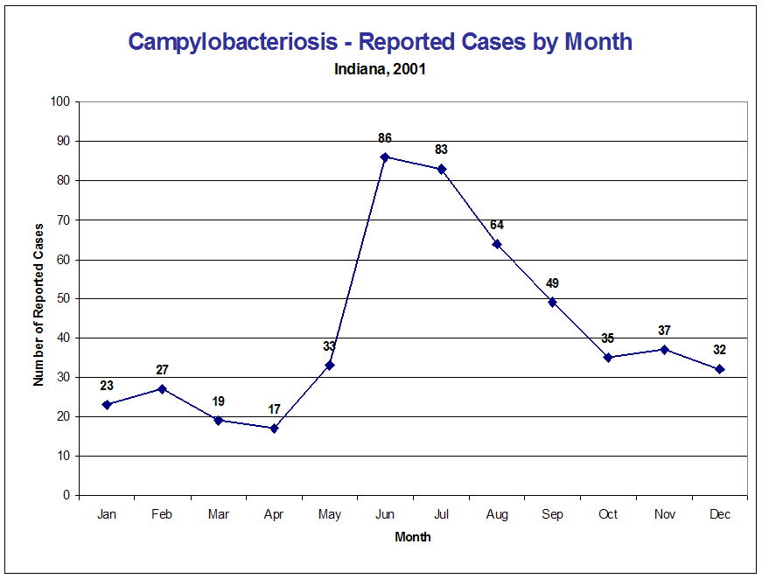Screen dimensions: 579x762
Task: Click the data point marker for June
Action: pos(385,157)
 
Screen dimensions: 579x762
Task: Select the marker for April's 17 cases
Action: pos(274,429)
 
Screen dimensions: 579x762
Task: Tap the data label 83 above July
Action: pos(441,150)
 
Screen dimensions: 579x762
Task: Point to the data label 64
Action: pos(497,225)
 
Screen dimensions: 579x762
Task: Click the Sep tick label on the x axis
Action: pos(552,515)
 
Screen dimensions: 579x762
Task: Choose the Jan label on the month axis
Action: pos(107,515)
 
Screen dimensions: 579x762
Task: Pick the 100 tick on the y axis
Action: pos(59,101)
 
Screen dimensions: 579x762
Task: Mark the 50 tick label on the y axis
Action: pos(63,298)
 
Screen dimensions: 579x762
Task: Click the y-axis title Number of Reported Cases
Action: pos(38,304)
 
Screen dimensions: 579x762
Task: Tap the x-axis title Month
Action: pos(413,537)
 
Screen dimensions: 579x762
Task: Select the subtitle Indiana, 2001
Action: pos(381,69)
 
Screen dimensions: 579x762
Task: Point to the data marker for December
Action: pos(719,369)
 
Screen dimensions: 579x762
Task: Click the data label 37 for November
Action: pos(664,331)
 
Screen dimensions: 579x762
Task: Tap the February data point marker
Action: pos(163,388)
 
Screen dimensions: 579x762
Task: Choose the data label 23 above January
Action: pos(107,385)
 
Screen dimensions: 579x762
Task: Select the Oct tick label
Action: pos(608,515)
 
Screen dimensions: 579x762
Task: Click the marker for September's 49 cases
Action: pos(552,303)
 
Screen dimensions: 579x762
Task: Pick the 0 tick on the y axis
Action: pos(66,495)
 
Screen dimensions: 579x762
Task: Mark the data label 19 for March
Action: pos(218,401)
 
